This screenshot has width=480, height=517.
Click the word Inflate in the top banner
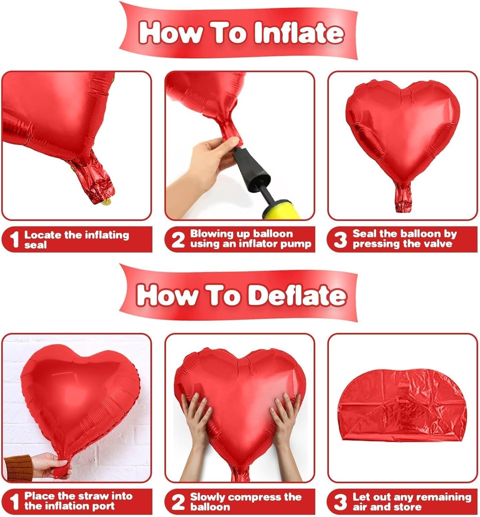point(298,33)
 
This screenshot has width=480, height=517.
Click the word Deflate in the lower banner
point(297,295)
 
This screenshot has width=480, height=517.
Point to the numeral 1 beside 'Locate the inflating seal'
point(14,240)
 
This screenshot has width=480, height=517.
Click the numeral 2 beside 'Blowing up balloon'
point(178,240)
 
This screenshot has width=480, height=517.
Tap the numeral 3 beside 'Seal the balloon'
point(340,240)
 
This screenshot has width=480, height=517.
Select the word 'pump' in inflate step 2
point(298,244)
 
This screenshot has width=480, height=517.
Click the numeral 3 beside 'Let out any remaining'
point(340,502)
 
